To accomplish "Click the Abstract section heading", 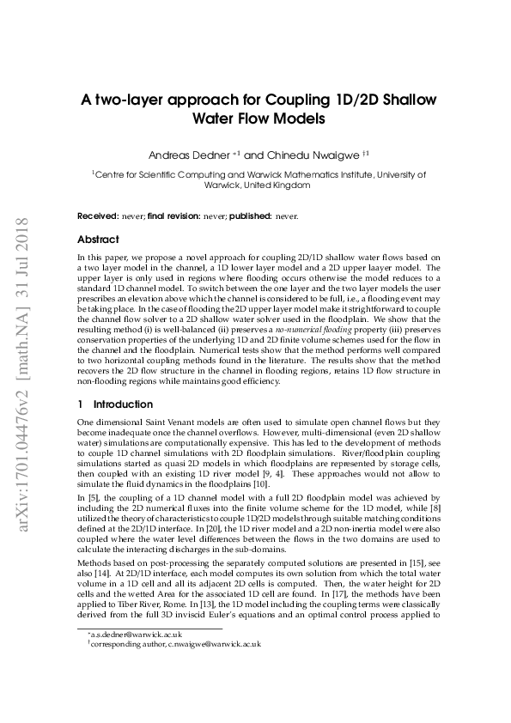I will (x=98, y=240).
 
